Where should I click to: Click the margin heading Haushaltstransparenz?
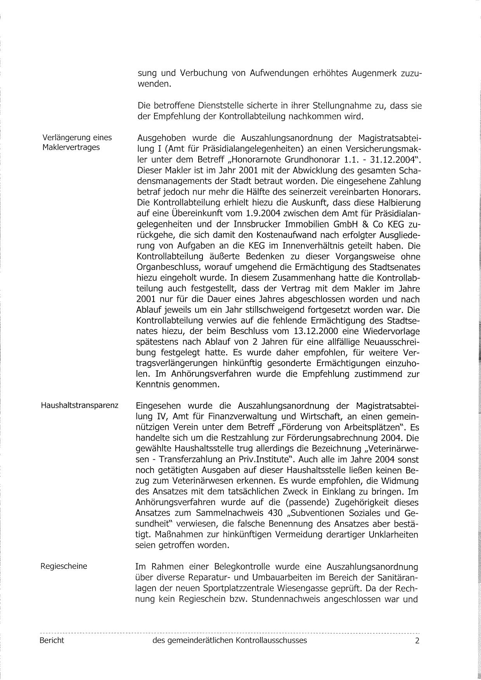coord(80,406)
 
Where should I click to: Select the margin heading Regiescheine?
coord(64,566)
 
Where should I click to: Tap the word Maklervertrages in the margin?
coord(71,147)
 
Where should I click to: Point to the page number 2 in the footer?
coord(417,640)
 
